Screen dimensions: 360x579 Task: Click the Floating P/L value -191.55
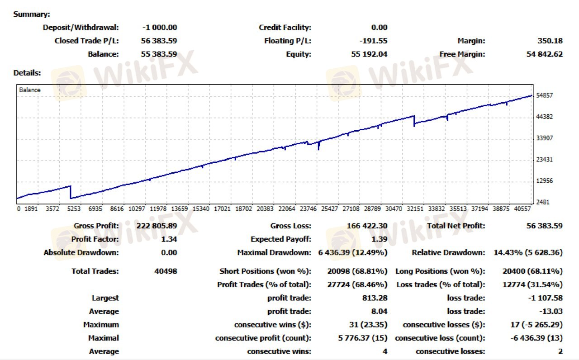373,41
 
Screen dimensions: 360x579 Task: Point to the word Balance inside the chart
30,90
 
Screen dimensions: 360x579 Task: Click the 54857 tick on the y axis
544,95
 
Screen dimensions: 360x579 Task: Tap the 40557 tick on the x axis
523,209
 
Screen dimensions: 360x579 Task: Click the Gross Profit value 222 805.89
157,226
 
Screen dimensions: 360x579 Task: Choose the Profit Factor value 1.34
169,239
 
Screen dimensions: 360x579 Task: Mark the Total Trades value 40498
166,271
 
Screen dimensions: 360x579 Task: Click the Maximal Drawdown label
274,253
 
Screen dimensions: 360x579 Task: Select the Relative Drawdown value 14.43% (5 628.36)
528,253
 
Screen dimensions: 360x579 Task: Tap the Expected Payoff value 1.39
379,239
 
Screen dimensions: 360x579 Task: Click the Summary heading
32,14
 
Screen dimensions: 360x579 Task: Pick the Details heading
27,73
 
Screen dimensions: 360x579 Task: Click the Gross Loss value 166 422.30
367,226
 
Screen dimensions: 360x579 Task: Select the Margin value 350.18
551,41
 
